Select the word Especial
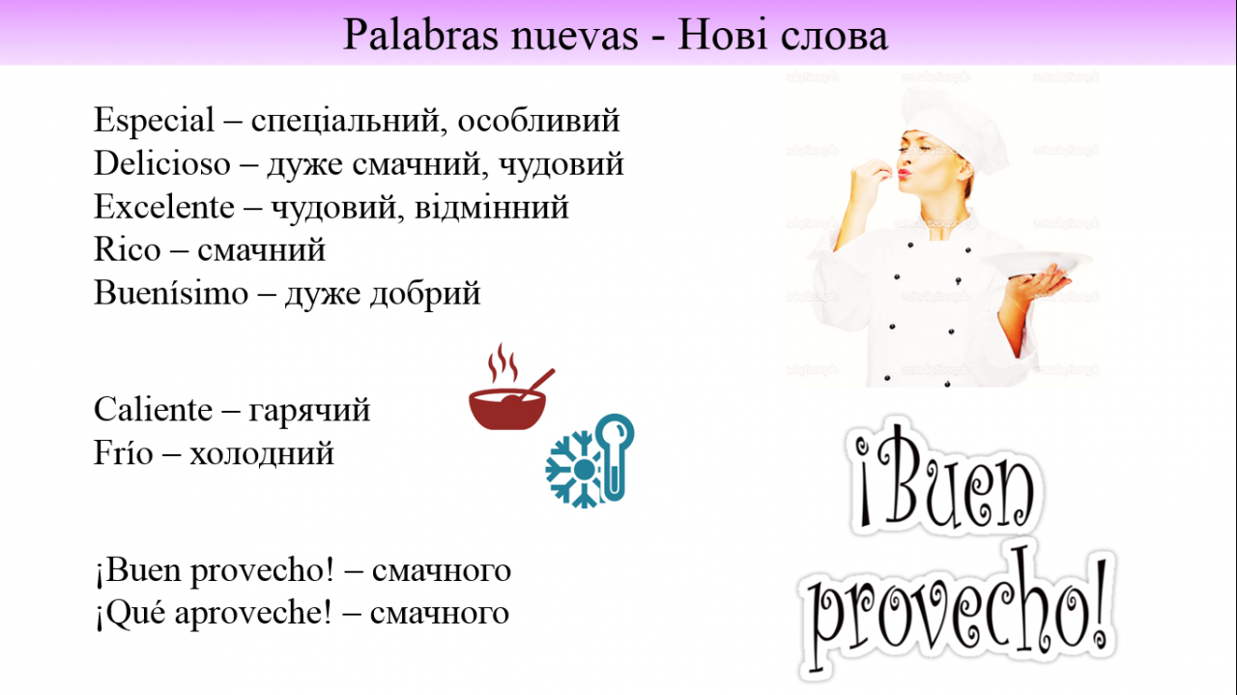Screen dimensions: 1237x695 pos(154,121)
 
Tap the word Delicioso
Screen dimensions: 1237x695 pos(161,163)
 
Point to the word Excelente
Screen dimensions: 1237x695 pos(164,207)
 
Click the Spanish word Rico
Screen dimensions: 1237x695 pos(127,249)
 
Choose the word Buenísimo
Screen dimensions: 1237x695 pos(171,292)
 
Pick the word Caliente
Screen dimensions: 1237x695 pos(153,410)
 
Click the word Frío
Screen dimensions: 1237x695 pos(123,453)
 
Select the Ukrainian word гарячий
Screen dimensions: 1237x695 pos(309,412)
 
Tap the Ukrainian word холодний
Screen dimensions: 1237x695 pos(262,454)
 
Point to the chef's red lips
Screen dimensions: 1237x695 pos(904,173)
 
